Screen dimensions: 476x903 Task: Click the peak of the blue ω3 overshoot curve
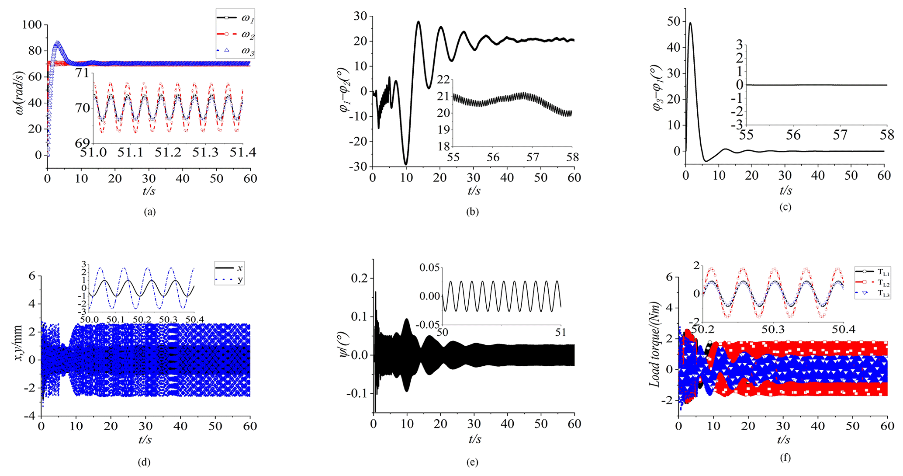57,42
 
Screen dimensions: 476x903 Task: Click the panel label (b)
472,212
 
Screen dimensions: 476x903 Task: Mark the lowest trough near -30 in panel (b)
406,164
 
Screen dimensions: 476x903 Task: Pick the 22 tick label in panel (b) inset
443,80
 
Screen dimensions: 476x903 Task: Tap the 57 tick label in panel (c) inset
840,135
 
